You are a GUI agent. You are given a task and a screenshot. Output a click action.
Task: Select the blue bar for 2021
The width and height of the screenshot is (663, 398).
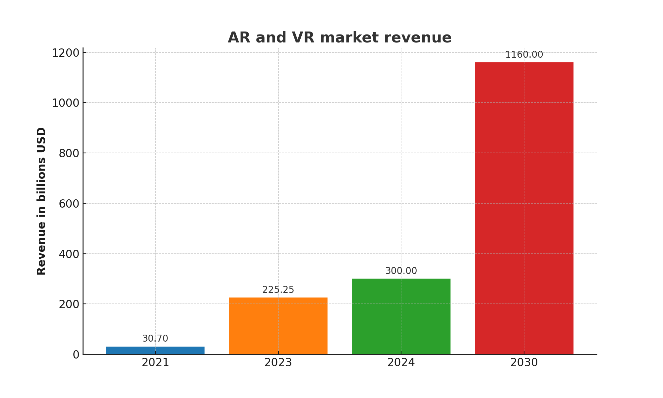(x=155, y=350)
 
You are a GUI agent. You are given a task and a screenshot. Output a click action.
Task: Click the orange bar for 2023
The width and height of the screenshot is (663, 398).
(x=278, y=326)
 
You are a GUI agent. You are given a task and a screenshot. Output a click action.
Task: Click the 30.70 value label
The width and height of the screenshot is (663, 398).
(x=155, y=339)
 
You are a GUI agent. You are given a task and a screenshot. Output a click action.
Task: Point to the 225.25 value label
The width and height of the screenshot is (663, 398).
(x=278, y=290)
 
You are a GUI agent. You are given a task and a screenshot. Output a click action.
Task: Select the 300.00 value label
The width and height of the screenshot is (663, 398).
(x=401, y=271)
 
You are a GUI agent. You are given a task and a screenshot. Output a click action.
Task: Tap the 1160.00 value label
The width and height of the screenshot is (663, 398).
(x=524, y=55)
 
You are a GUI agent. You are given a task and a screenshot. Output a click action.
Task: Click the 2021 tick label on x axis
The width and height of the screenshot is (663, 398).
(x=155, y=363)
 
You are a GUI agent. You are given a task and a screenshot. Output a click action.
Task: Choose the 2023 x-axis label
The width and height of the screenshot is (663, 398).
(x=278, y=363)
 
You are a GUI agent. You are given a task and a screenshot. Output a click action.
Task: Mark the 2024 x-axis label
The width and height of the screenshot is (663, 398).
(x=401, y=363)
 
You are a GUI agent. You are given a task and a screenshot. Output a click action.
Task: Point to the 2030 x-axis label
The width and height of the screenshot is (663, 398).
(x=524, y=363)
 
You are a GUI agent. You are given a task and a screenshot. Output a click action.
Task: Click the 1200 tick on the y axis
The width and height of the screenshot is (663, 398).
(x=66, y=53)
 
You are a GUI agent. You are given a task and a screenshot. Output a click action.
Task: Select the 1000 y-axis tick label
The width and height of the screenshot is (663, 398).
(x=66, y=103)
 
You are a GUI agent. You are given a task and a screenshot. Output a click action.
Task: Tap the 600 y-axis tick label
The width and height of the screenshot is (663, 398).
(x=69, y=204)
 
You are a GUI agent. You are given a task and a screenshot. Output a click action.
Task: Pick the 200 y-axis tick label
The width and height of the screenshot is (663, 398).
(x=69, y=304)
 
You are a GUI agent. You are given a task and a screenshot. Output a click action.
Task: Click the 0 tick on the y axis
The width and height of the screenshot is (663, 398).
(x=76, y=355)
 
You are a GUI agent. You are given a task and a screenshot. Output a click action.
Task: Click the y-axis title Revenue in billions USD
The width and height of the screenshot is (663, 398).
(x=41, y=201)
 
